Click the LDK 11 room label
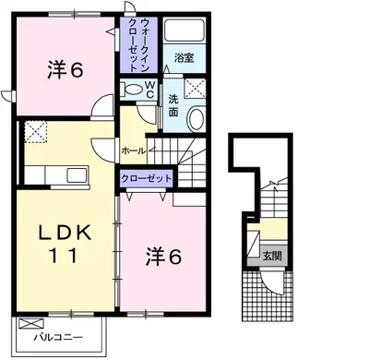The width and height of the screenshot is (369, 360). point(65,245)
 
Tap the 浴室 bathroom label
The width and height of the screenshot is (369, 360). point(184,58)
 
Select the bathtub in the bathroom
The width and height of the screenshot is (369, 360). point(184,30)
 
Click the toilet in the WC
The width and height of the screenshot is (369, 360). point(131,90)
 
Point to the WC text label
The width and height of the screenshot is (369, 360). point(149,90)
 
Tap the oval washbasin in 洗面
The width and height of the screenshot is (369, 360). point(196,119)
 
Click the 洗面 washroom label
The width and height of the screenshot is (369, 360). point(173,105)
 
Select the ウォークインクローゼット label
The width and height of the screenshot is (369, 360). point(139,44)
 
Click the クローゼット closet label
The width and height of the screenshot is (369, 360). point(146,178)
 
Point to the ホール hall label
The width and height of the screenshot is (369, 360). point(134,150)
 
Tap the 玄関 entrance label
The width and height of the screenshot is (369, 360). point(272,256)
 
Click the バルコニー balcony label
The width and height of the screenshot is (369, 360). point(58,338)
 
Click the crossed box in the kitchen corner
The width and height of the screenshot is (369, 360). point(36,132)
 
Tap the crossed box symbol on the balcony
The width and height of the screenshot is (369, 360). point(31,323)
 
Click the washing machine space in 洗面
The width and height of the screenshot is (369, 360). point(196,88)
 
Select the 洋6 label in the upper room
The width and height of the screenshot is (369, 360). point(65,70)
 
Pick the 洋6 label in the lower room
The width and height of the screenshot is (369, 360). point(163,257)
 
